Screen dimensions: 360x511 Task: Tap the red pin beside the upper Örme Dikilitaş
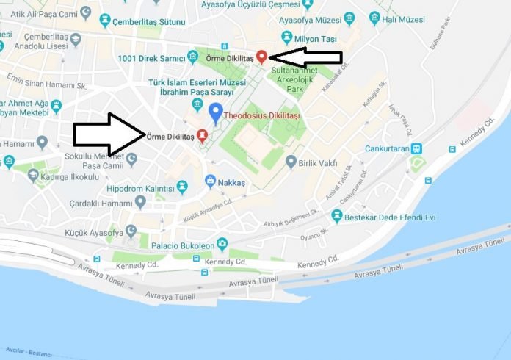coord(261,56)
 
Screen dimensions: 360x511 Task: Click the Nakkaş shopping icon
coord(210,181)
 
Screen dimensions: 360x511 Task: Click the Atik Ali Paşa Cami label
coord(42,12)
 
